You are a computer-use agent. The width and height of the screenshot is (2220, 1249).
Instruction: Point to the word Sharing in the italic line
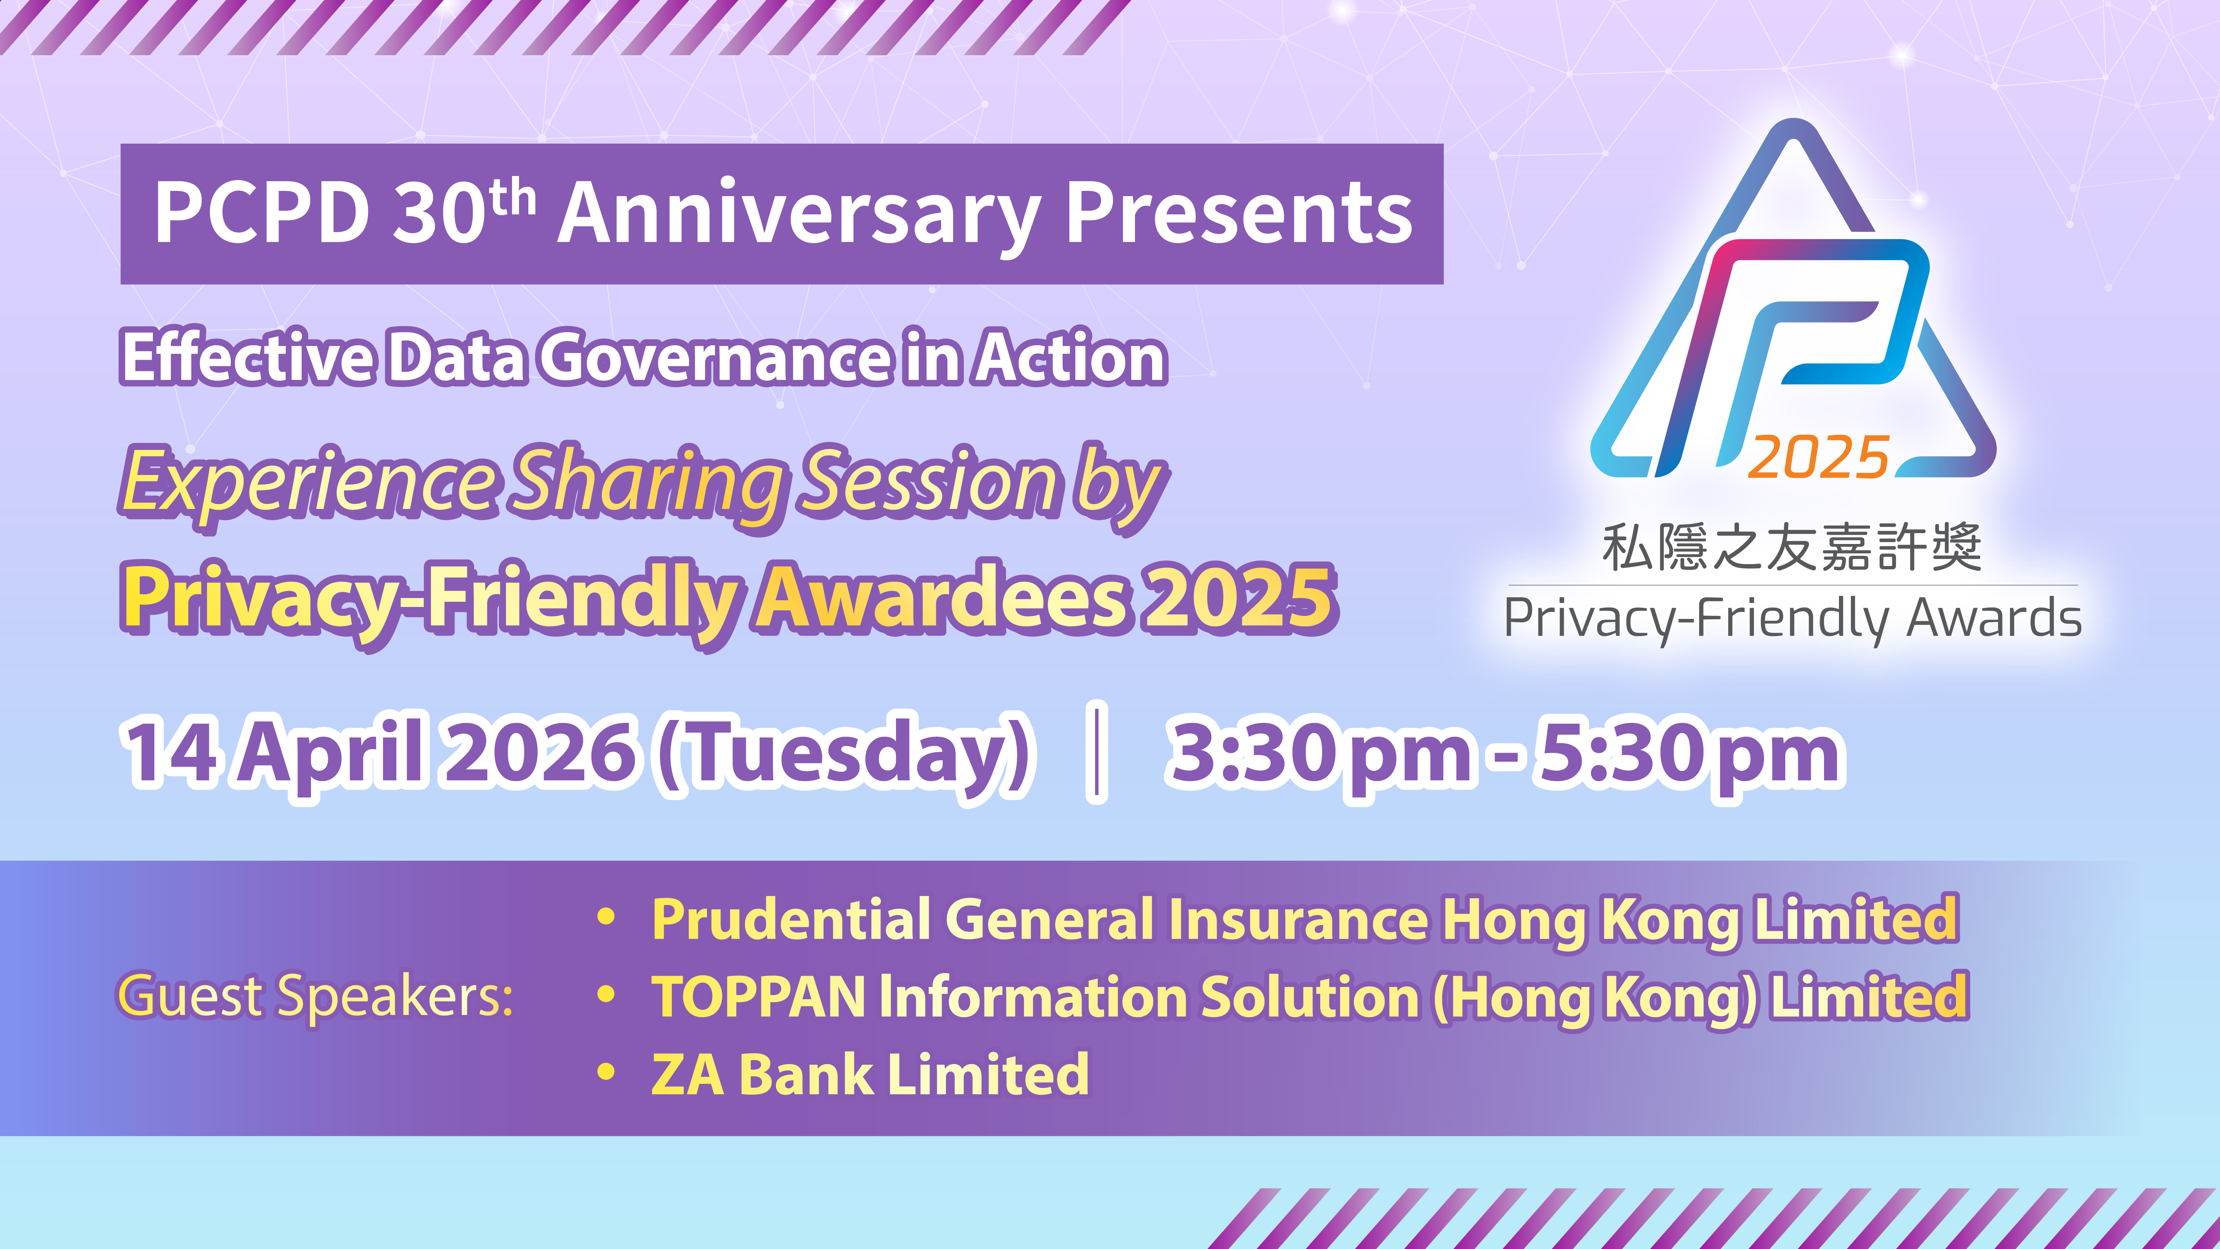(647, 483)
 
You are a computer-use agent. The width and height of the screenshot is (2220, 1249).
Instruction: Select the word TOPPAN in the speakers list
(758, 997)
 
